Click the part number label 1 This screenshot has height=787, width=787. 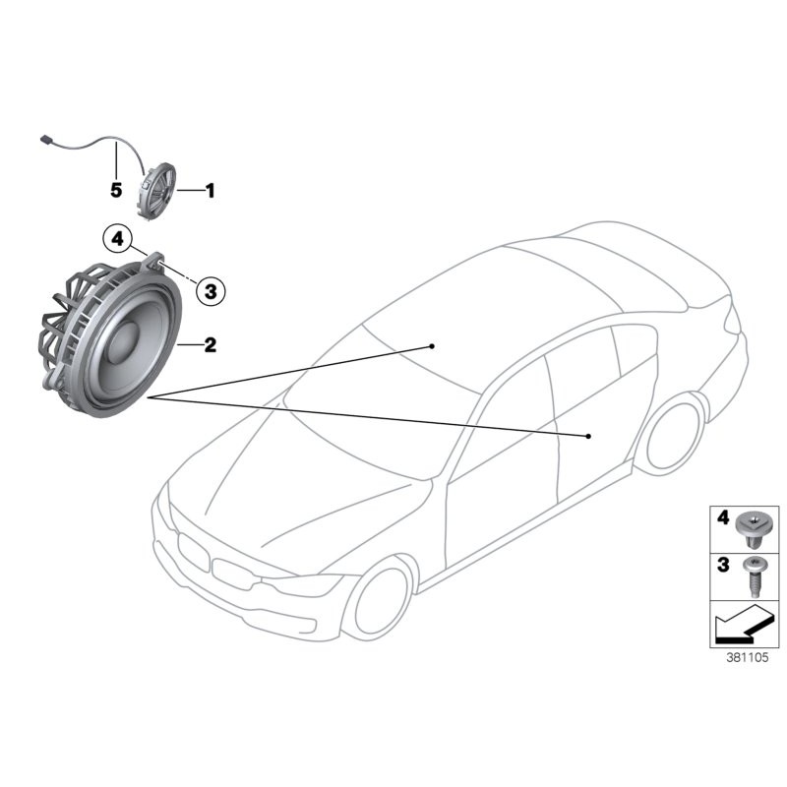click(x=209, y=191)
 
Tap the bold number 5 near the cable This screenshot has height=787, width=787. click(x=115, y=188)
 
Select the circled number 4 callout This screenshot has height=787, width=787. click(x=117, y=237)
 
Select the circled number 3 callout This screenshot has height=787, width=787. click(x=210, y=289)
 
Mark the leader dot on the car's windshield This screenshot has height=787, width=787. click(x=432, y=346)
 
